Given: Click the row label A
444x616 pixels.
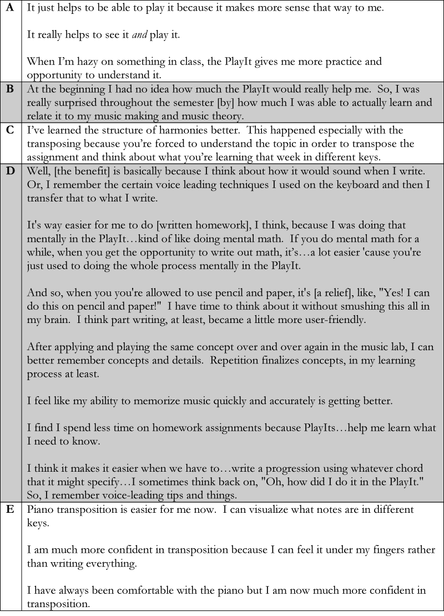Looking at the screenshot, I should click(11, 9).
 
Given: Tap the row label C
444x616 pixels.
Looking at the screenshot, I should click(11, 130).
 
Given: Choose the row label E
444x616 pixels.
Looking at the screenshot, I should click(11, 509).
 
